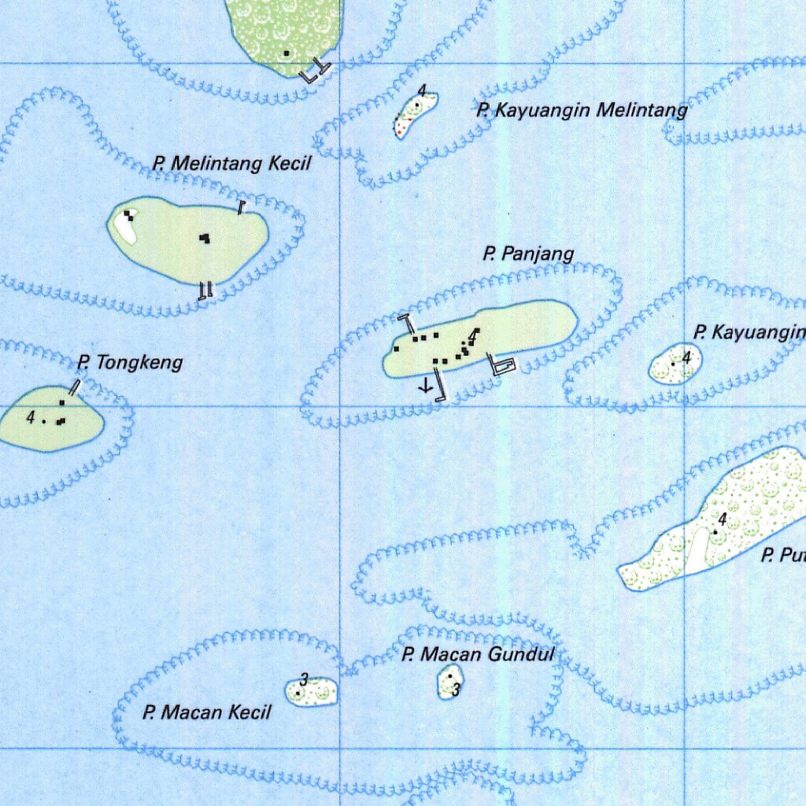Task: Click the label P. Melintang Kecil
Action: pos(232,164)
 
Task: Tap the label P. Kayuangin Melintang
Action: pos(582,110)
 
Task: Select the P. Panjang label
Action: pos(528,253)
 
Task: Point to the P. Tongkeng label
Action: pos(130,362)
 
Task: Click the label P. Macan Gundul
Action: pos(478,653)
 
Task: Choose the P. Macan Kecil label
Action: pos(207,712)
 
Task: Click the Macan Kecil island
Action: pos(313,692)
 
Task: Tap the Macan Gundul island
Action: pos(449,682)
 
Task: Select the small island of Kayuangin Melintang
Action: pos(415,115)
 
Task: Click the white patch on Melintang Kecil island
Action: pos(124,226)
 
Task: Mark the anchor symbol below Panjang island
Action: pos(425,386)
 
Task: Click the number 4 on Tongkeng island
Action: pos(31,417)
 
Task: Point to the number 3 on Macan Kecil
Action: pos(304,679)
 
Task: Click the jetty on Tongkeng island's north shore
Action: pos(76,386)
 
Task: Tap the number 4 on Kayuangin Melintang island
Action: pos(423,91)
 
